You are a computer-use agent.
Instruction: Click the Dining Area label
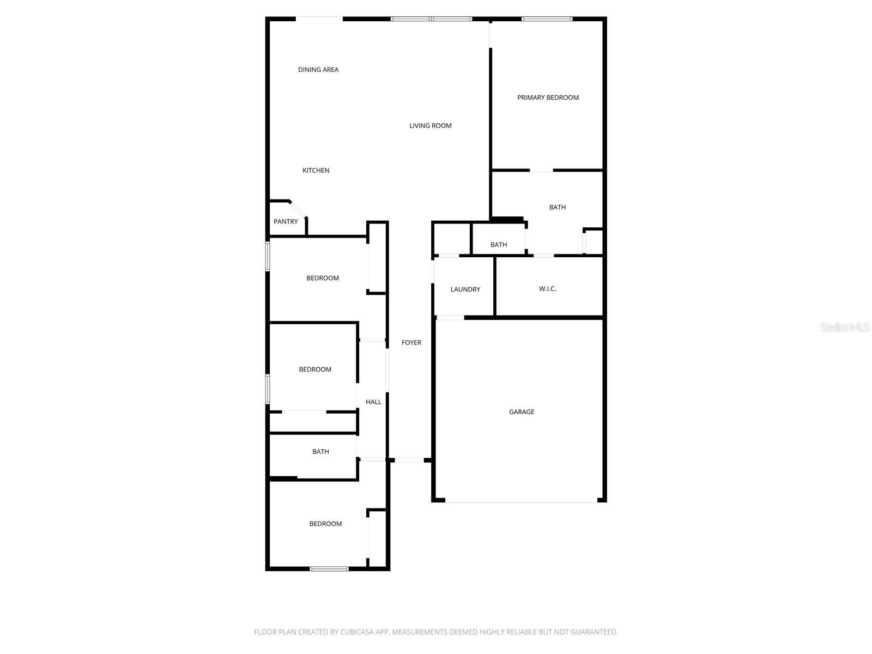318,70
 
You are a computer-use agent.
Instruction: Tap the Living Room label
431,126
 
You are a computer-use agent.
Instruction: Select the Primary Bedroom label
548,98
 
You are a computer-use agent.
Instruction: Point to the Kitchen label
316,171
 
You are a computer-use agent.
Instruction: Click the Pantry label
286,222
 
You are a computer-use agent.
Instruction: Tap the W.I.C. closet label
548,289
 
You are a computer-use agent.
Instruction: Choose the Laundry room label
465,289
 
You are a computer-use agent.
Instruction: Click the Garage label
522,412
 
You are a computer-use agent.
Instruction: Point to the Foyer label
411,343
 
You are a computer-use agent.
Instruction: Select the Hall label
373,402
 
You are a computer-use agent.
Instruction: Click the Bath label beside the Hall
320,452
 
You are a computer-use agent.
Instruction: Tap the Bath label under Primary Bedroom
558,207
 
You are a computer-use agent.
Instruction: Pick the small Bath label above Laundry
499,245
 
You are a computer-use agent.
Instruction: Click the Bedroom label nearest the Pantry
323,278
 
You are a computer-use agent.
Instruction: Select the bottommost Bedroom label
325,524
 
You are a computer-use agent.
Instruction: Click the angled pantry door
298,209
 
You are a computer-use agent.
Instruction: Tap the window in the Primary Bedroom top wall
547,19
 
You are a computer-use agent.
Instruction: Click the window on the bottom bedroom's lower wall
329,569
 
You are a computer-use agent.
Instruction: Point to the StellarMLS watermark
845,327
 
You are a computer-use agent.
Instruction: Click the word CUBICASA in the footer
356,632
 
